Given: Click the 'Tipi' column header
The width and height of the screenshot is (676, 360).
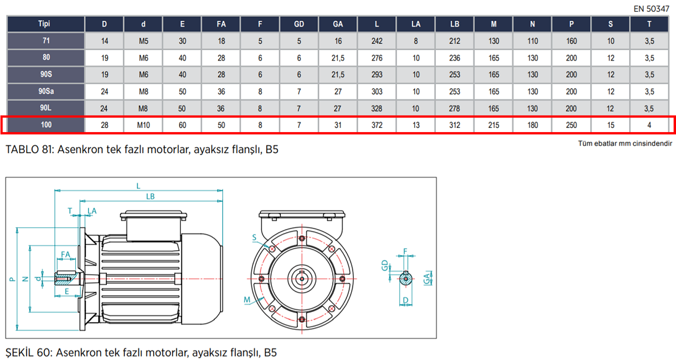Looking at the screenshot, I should pyautogui.click(x=44, y=24).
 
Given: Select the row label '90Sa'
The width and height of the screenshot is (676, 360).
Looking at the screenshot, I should pyautogui.click(x=44, y=91).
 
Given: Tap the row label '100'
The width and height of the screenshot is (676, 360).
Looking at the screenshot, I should pyautogui.click(x=44, y=125).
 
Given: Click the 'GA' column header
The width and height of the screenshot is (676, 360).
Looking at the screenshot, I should pyautogui.click(x=338, y=24).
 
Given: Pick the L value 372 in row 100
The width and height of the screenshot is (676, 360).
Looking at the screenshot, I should pyautogui.click(x=377, y=125).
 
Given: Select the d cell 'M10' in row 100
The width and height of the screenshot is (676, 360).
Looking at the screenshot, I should pyautogui.click(x=143, y=125).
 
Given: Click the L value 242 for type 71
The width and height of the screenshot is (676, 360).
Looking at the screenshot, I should pyautogui.click(x=377, y=41).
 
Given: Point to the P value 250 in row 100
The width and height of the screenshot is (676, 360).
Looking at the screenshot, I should pyautogui.click(x=572, y=125).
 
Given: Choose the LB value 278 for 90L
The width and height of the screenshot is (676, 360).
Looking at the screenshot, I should pyautogui.click(x=455, y=108).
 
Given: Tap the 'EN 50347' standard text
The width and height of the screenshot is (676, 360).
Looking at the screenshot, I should pyautogui.click(x=651, y=9).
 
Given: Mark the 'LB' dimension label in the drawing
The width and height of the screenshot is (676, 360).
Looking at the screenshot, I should pyautogui.click(x=150, y=196).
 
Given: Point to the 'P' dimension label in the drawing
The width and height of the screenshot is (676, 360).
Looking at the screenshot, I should pyautogui.click(x=12, y=280).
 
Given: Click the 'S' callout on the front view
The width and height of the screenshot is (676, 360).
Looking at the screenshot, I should pyautogui.click(x=255, y=237).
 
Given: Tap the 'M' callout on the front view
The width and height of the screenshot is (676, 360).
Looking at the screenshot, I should pyautogui.click(x=247, y=300).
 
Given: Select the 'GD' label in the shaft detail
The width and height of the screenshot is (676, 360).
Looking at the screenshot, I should pyautogui.click(x=385, y=266).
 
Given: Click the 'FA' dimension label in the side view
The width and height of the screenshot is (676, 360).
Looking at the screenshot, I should pyautogui.click(x=65, y=254).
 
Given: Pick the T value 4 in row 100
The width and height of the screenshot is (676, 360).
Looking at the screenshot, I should pyautogui.click(x=649, y=125).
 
